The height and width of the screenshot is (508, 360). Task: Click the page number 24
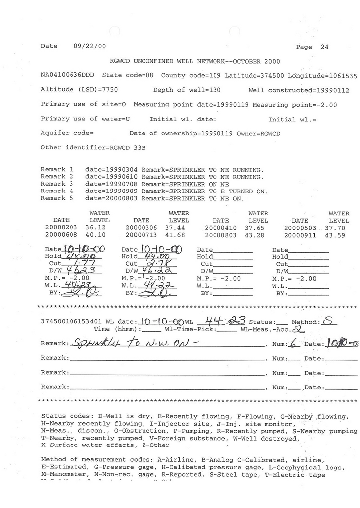tap(324, 47)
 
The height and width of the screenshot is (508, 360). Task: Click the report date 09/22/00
tap(89, 46)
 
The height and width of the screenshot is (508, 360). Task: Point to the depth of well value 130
tap(214, 90)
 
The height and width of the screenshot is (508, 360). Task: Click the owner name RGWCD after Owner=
tap(270, 133)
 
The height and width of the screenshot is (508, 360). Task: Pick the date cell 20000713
tap(142, 235)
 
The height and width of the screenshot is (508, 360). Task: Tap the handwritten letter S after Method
tap(327, 321)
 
